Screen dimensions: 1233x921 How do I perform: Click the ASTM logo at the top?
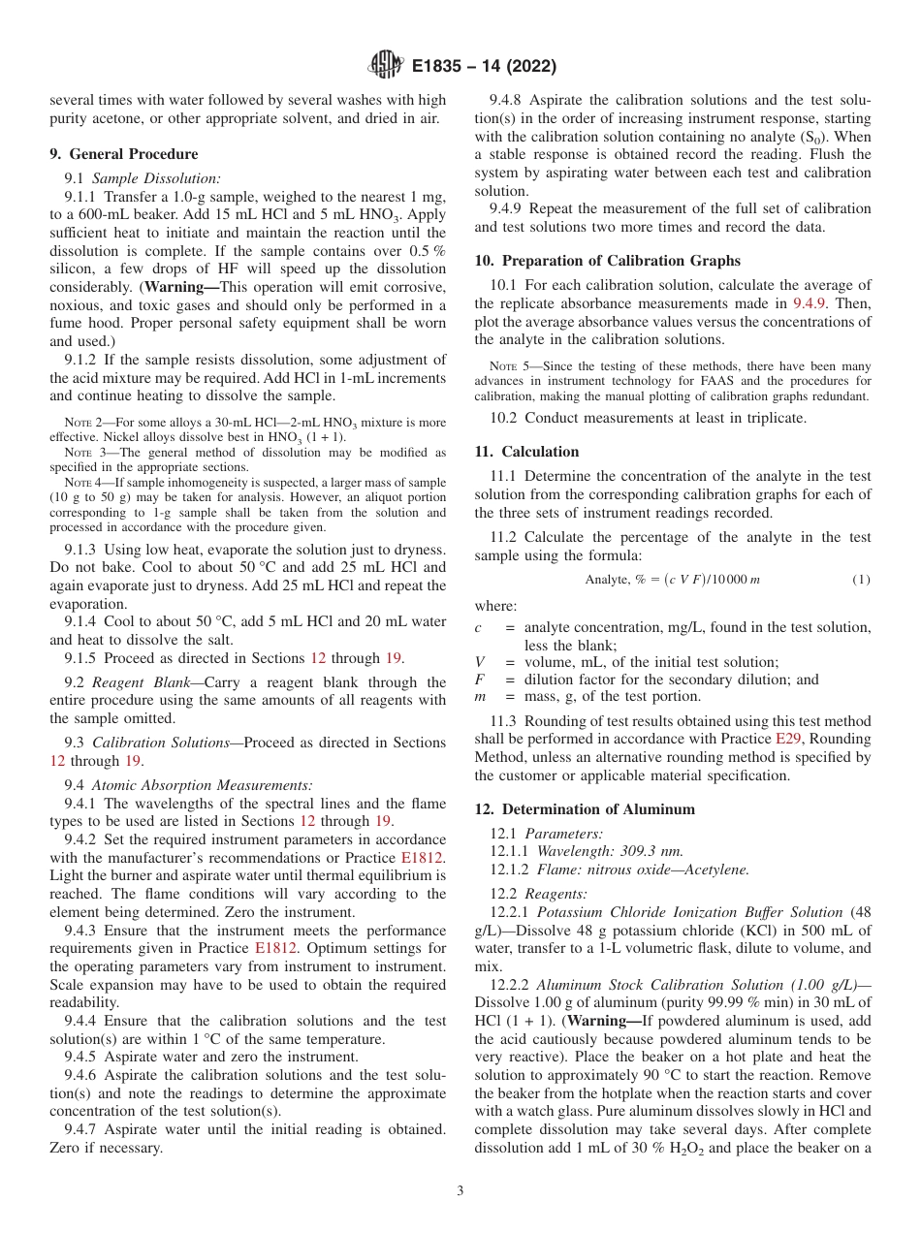tap(385, 67)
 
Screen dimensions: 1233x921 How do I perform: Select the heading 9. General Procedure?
tap(123, 154)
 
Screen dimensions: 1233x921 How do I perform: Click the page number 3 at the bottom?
tap(460, 1190)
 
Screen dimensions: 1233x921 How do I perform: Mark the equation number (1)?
tap(861, 580)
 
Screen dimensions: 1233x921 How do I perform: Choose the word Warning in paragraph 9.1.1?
tap(181, 288)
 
